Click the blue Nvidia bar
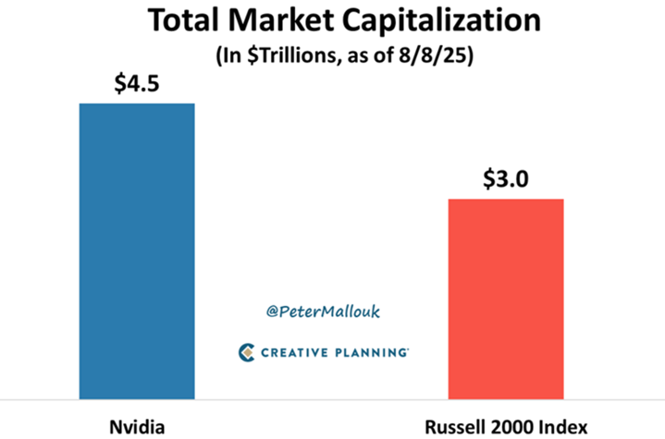tap(137, 250)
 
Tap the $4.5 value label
tap(137, 85)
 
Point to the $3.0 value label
tap(505, 179)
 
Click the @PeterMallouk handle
tap(323, 312)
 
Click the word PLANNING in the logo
tap(374, 352)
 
